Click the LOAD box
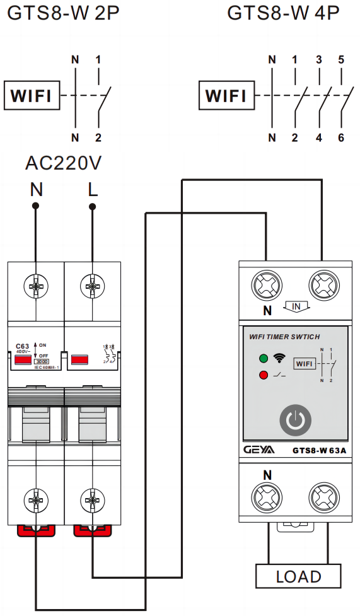298,576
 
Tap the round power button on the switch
291,421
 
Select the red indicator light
263,376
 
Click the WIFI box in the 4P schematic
226,96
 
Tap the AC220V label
63,163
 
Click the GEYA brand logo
259,450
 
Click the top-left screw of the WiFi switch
267,285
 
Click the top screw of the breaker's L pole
93,287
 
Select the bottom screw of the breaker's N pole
36,501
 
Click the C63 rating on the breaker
22,346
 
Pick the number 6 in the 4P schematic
341,137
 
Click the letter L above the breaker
93,190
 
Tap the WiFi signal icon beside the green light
278,359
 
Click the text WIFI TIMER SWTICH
284,337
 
